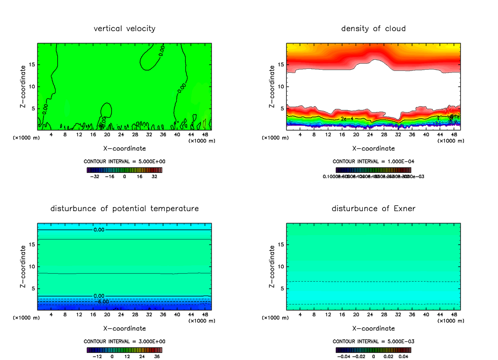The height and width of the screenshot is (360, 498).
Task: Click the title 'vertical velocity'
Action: point(124,29)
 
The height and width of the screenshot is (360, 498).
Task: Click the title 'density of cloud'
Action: point(373,29)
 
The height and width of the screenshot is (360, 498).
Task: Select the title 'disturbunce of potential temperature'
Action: point(124,209)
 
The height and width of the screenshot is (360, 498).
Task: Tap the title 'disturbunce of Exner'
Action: point(373,209)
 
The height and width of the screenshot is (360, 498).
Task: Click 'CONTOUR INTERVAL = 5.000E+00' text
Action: point(124,161)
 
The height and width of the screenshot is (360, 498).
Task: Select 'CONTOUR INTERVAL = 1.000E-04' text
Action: point(373,161)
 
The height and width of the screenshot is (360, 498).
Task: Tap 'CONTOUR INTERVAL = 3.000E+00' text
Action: point(124,341)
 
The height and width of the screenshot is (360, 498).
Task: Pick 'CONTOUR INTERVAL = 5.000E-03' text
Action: point(373,341)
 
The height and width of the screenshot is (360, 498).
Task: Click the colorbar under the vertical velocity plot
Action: point(124,170)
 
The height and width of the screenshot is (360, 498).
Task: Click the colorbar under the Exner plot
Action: point(373,350)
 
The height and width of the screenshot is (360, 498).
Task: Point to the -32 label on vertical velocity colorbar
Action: point(96,177)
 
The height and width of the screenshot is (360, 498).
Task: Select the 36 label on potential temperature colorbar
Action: point(156,356)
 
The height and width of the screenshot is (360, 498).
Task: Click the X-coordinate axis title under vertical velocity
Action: point(124,148)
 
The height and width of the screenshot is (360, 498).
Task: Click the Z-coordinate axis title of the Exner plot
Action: point(272,266)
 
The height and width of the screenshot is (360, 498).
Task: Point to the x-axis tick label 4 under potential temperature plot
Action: point(51,315)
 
